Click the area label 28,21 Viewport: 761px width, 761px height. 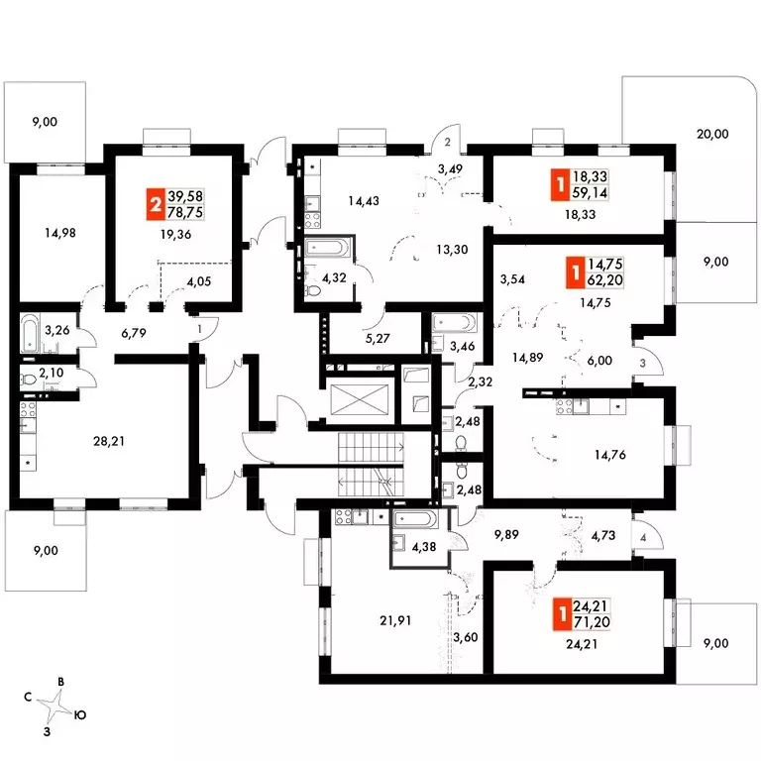point(109,441)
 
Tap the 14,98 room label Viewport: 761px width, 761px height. point(60,233)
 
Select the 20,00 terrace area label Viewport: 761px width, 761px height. point(712,134)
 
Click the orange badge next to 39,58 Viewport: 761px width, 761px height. point(156,204)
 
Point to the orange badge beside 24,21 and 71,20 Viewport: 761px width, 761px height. point(562,614)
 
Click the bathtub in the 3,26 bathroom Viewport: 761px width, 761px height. point(30,333)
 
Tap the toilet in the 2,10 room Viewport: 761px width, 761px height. point(29,380)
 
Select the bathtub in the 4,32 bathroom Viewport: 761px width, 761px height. point(326,247)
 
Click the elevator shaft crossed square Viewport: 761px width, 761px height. point(360,399)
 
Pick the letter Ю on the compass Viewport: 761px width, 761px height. point(80,714)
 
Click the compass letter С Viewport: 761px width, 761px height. point(28,697)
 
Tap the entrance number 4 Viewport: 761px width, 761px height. point(643,538)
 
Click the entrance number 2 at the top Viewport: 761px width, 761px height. point(448,142)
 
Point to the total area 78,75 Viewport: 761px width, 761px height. point(185,212)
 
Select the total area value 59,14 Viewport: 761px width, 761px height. point(590,192)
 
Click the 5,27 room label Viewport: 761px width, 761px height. point(378,338)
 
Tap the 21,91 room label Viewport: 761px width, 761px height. point(395,620)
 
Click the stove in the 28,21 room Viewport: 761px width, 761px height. point(28,408)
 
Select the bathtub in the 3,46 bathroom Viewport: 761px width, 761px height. point(455,322)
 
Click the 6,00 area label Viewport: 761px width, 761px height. point(599,361)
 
